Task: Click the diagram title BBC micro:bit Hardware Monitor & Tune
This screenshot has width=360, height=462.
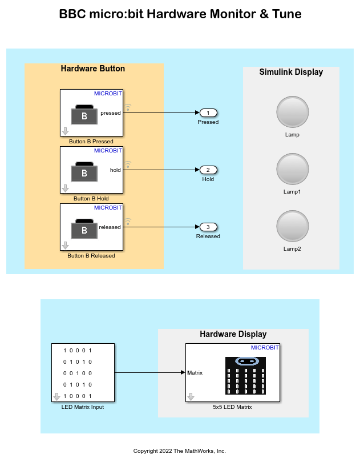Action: (x=180, y=14)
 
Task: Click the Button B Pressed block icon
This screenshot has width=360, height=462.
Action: (x=84, y=115)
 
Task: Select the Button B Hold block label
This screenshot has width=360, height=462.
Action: (x=91, y=199)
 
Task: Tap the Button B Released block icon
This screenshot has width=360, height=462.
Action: (x=84, y=230)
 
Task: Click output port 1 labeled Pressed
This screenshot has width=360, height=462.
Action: (x=208, y=113)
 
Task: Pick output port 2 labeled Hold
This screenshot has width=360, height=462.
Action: (x=208, y=170)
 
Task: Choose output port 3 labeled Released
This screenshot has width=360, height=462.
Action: (x=208, y=227)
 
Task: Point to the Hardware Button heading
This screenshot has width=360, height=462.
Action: (x=93, y=69)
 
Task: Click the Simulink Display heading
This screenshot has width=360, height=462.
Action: (x=291, y=72)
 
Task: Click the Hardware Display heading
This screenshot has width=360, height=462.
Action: (x=233, y=334)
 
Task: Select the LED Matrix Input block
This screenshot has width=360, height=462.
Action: (x=83, y=373)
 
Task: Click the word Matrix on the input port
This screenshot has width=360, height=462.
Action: (x=195, y=373)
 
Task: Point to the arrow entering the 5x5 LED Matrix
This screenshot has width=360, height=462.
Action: (x=183, y=373)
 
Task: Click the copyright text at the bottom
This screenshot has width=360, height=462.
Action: (x=180, y=451)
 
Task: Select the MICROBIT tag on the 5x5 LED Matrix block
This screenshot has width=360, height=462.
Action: (x=265, y=348)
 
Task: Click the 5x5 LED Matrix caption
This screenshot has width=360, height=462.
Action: (x=232, y=407)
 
